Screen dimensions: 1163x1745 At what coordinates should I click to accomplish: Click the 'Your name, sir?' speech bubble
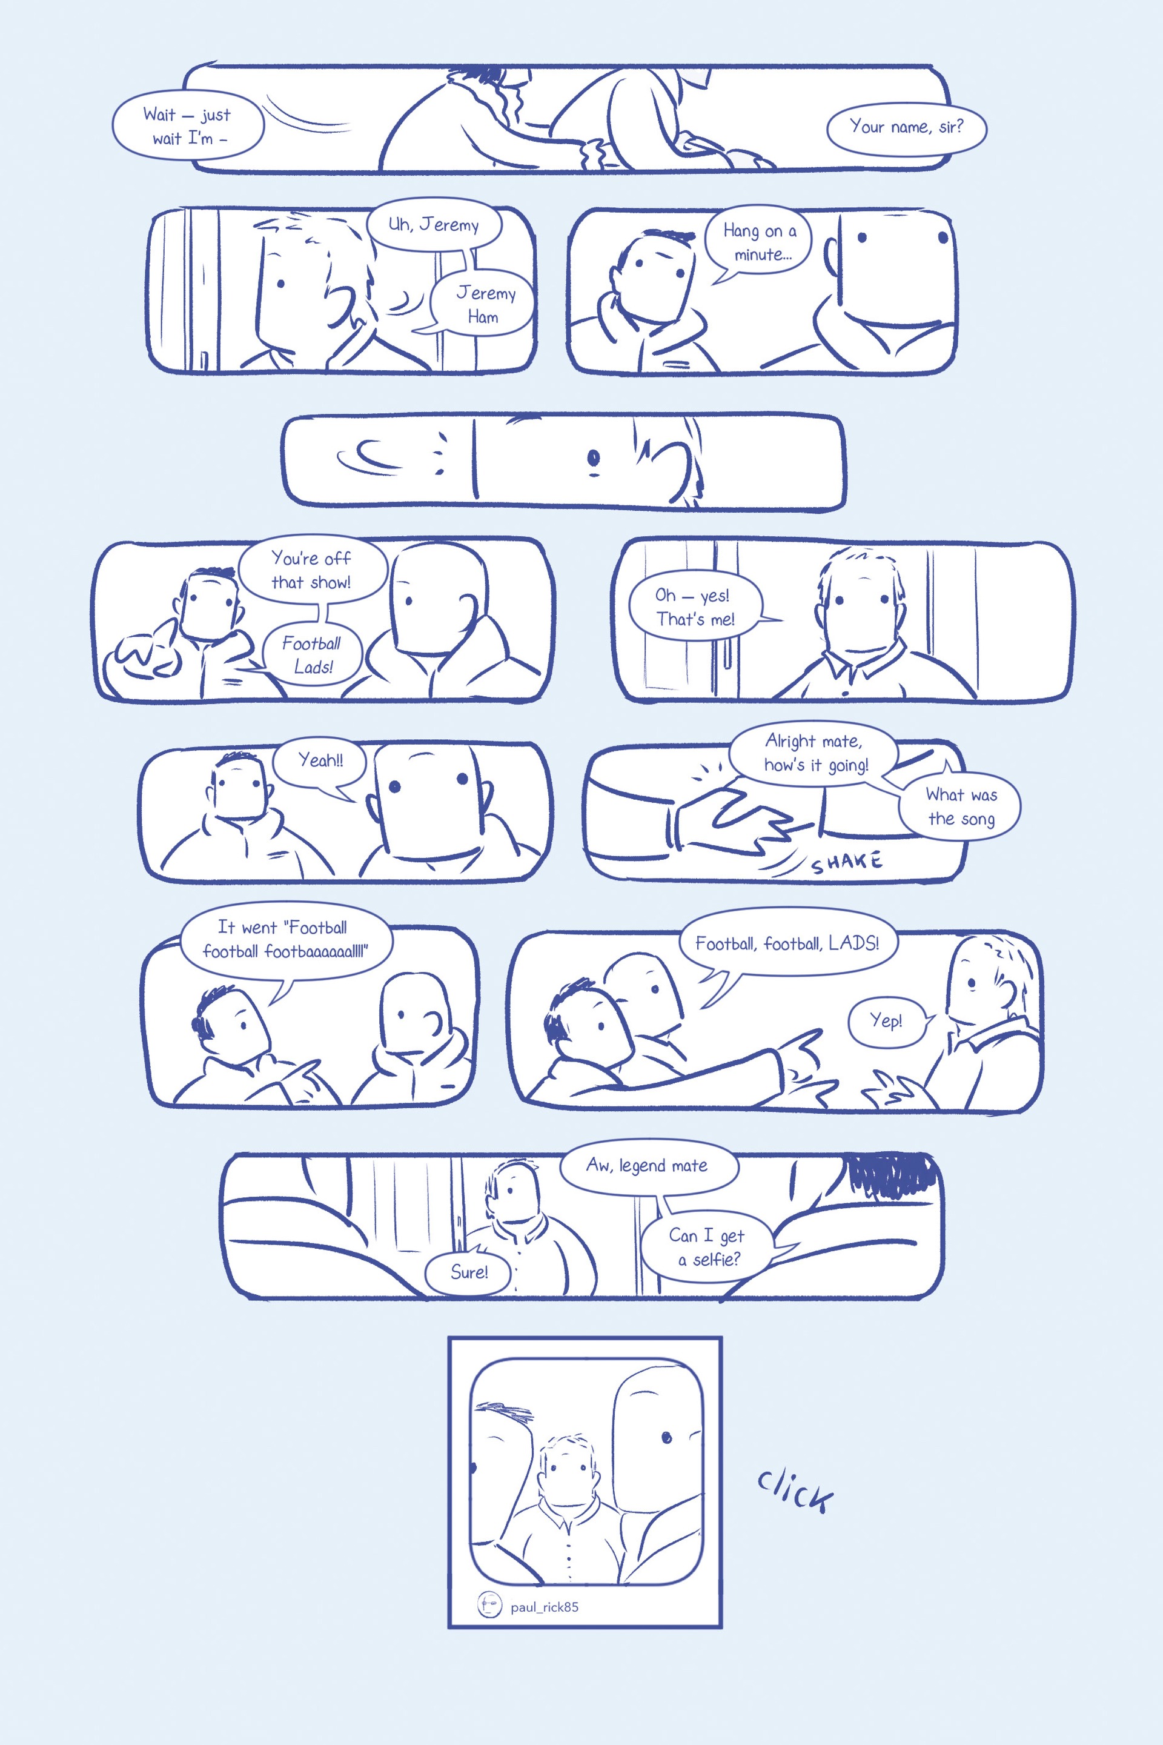pos(906,128)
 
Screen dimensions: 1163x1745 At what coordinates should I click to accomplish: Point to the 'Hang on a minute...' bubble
pos(759,242)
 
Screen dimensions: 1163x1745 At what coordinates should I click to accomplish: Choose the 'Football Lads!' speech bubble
pos(311,653)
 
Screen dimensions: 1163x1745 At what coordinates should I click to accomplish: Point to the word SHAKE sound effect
pos(846,862)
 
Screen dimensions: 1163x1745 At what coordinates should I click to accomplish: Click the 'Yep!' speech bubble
pos(886,1021)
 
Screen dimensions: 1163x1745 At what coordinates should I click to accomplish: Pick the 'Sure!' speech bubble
pos(469,1272)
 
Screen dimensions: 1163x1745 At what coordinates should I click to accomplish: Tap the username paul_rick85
pos(545,1607)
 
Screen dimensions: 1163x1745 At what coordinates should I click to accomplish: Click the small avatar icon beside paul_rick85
pos(489,1605)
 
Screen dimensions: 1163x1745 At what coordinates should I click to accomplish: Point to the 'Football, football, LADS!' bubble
pos(787,944)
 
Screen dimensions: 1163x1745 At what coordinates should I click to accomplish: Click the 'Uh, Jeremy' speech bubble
pos(434,225)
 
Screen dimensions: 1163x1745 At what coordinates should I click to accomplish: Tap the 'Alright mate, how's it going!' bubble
pos(815,754)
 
